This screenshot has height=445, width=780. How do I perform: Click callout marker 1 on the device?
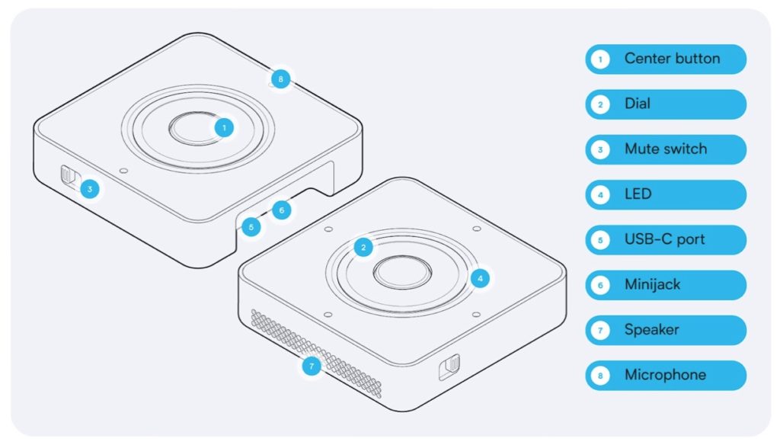coord(225,128)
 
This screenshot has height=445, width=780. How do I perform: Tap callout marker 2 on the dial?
coord(363,248)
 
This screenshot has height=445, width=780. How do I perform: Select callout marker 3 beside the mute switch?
coord(90,189)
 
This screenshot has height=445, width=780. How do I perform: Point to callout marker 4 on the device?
coord(480,278)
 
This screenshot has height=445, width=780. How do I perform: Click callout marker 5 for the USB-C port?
coord(251,228)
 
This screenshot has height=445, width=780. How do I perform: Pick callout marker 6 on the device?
coord(282,210)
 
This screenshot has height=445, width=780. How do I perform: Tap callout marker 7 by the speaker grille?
coord(312,367)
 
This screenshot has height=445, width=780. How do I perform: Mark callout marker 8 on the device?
coord(280,78)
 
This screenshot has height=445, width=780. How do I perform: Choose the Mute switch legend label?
coord(666,149)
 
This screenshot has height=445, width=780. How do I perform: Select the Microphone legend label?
coord(666,376)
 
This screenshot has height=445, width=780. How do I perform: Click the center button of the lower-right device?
coord(402,272)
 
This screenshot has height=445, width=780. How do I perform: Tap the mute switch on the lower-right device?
coord(449,367)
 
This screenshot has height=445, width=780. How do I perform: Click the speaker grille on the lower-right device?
coord(316,353)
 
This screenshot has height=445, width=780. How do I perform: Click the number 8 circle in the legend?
coord(600,376)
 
